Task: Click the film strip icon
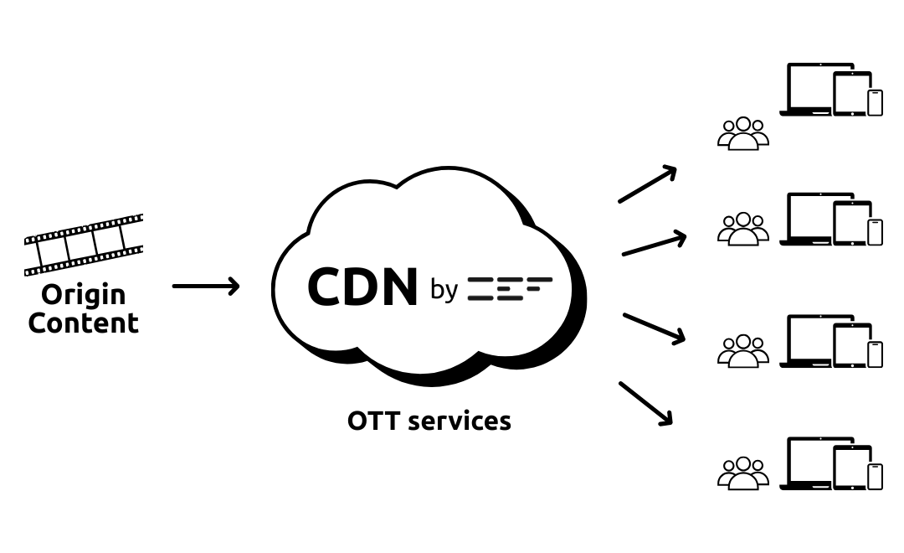click(84, 244)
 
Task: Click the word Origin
click(84, 295)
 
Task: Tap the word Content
click(84, 323)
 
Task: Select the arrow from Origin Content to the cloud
click(206, 287)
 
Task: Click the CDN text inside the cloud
click(362, 287)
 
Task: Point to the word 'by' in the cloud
click(444, 289)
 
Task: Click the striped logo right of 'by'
click(509, 288)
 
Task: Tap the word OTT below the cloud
click(373, 420)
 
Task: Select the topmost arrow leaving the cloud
click(647, 184)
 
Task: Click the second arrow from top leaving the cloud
click(654, 244)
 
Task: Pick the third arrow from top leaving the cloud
click(654, 328)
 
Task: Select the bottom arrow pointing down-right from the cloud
click(646, 404)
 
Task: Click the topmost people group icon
click(743, 134)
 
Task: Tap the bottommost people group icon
click(743, 473)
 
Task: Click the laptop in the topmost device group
click(807, 90)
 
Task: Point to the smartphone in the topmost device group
click(875, 102)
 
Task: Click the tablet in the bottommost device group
click(852, 466)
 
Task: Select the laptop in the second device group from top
click(807, 220)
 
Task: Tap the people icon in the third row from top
click(743, 351)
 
